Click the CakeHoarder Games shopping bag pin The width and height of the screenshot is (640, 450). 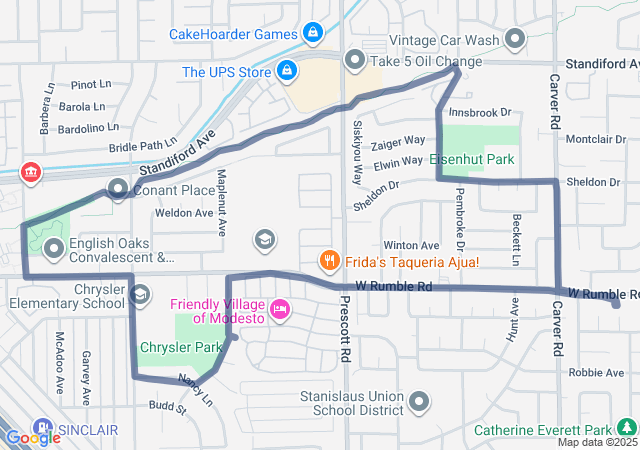click(314, 33)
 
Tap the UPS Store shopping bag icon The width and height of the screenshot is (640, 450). click(287, 71)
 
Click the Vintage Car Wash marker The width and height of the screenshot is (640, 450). click(516, 40)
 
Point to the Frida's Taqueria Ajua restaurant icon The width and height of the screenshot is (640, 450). click(329, 262)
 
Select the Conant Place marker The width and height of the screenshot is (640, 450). click(118, 189)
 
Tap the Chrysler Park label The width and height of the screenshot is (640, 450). click(181, 348)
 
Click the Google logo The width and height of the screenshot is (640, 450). click(33, 436)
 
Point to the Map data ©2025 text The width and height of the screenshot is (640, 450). click(597, 442)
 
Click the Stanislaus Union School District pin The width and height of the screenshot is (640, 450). click(420, 402)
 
